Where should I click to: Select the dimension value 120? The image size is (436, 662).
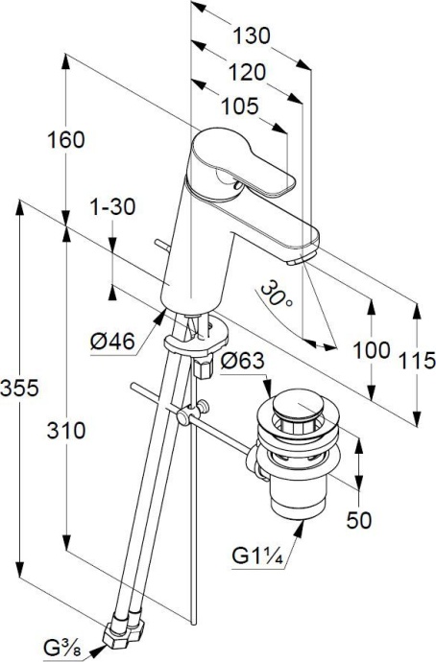[x=247, y=73]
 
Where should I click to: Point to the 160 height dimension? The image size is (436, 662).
[x=65, y=139]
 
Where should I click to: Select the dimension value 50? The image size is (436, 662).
[x=357, y=519]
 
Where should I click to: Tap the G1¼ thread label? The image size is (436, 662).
[x=256, y=556]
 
